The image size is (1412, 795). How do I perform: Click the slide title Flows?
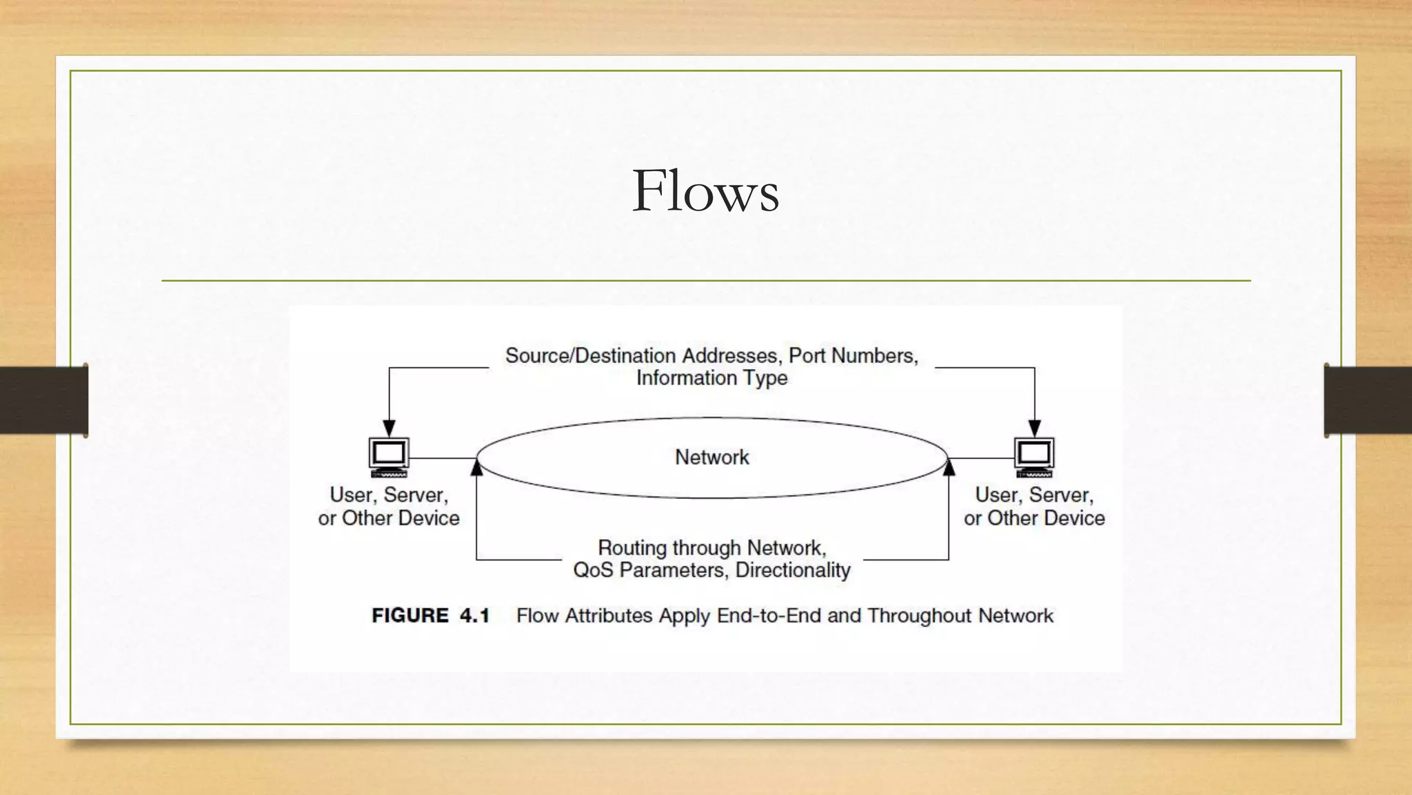[705, 191]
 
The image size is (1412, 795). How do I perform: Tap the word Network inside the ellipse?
[712, 457]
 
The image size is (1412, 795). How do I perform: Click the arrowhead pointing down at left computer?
[389, 428]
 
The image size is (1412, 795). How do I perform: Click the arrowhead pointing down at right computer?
[1034, 428]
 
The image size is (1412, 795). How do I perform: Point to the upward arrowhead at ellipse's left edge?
[476, 468]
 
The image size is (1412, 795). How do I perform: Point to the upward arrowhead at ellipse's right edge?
[949, 468]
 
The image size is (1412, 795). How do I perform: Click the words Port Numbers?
[852, 355]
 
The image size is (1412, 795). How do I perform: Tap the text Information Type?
[712, 378]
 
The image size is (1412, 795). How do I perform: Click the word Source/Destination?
[590, 355]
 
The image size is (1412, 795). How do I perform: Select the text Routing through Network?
[712, 548]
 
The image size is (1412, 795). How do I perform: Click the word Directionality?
[793, 570]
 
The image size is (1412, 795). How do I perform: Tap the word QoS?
[593, 570]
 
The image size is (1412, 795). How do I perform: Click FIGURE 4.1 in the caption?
[430, 616]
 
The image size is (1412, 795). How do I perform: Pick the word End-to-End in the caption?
[769, 616]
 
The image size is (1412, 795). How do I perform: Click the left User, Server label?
[389, 495]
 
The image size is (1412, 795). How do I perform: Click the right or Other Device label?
[1034, 518]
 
